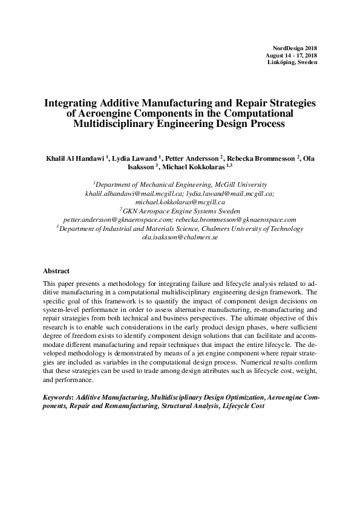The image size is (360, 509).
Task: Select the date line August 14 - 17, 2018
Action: point(291,55)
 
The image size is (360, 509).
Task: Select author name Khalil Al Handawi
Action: point(75,158)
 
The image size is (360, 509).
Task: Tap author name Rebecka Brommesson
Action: point(261,158)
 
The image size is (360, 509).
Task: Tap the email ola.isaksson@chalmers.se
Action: point(180,238)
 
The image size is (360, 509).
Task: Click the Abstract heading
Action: point(56,271)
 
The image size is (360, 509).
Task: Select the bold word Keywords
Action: point(58,399)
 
